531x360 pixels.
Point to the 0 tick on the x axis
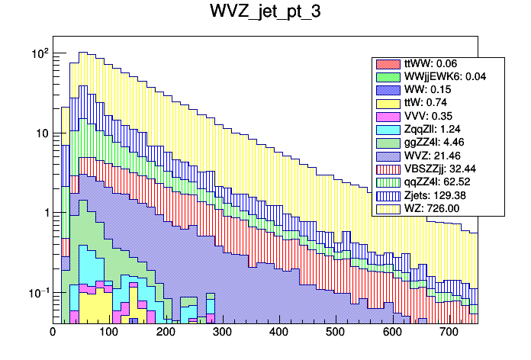[53, 333]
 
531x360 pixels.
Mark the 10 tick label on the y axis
[41, 133]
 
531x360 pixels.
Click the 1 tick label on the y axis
[45, 213]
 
